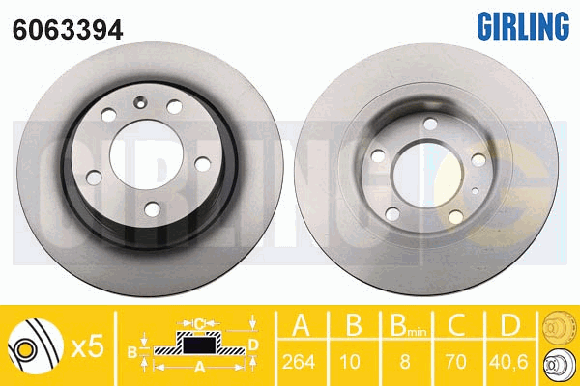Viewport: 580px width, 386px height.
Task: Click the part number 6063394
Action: [68, 30]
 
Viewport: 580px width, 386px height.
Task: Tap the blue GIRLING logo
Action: [523, 25]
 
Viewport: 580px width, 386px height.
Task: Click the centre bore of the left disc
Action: [147, 154]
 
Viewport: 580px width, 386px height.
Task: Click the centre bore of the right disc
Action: [428, 175]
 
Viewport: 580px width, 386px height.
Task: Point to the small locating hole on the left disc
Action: [140, 102]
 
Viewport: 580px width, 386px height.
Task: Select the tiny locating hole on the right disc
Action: [476, 191]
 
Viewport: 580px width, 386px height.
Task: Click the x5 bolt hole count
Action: [87, 347]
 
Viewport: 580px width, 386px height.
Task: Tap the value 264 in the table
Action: [299, 361]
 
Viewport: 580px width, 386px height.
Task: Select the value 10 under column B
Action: [350, 361]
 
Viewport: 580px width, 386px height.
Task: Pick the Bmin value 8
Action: [405, 361]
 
